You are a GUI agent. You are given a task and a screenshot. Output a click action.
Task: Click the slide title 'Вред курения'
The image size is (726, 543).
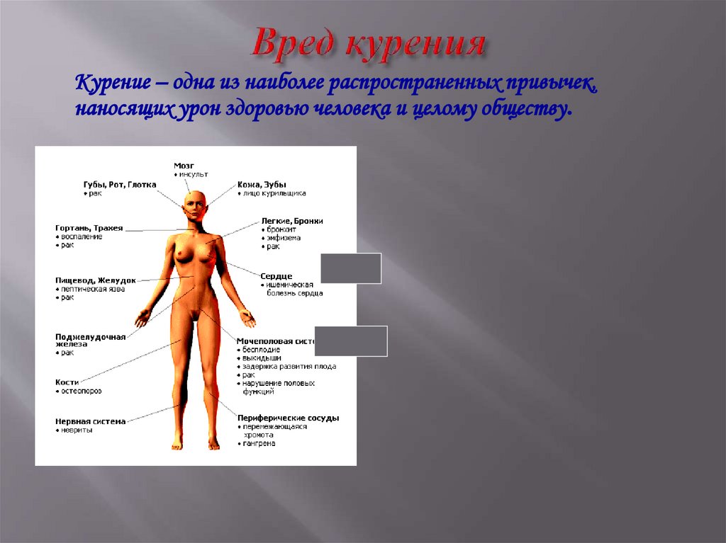(x=369, y=44)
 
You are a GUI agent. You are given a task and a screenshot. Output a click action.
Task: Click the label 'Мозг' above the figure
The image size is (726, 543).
(x=184, y=165)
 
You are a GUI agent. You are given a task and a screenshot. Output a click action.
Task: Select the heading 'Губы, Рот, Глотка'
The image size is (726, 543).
(x=119, y=184)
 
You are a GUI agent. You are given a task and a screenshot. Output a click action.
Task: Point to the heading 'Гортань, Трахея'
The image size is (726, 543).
(x=89, y=228)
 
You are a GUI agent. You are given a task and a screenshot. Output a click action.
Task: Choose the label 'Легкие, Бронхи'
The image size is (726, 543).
(x=291, y=221)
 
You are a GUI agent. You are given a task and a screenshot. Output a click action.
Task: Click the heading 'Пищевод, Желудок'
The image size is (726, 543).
(x=96, y=280)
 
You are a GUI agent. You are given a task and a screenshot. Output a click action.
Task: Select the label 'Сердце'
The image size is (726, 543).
(x=276, y=275)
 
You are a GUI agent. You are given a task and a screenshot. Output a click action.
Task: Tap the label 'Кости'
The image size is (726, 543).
(x=67, y=382)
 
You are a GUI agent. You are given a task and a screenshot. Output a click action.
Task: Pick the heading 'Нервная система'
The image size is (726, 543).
(x=91, y=421)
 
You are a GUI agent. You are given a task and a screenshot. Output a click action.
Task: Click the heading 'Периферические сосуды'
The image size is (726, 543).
(x=288, y=418)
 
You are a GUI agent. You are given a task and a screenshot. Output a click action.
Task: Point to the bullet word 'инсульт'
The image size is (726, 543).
(x=193, y=174)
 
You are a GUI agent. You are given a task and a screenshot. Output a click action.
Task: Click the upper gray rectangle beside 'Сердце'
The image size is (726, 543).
(x=351, y=268)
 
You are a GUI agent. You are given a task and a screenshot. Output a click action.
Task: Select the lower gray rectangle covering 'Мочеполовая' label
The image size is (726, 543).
(x=351, y=341)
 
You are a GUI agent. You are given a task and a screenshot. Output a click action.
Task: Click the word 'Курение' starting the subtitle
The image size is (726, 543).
(x=112, y=85)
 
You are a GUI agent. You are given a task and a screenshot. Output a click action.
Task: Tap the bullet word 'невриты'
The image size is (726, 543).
(x=77, y=430)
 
